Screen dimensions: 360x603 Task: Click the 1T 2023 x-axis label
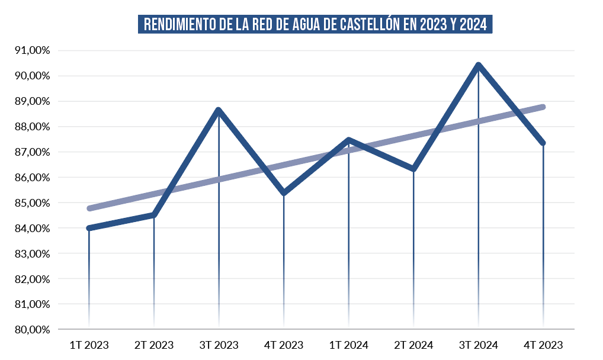click(x=89, y=345)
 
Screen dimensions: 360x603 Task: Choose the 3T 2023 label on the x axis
click(x=219, y=345)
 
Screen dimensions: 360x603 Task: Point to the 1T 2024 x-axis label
click(x=348, y=345)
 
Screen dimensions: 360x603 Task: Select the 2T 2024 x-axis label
click(x=413, y=345)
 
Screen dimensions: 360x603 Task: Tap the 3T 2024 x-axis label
click(x=478, y=345)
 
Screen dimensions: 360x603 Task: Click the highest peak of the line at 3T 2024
click(x=478, y=65)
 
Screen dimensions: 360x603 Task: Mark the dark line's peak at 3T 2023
click(x=219, y=110)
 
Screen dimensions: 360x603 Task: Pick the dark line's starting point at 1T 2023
click(x=89, y=228)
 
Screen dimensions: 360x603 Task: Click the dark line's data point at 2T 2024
click(x=413, y=169)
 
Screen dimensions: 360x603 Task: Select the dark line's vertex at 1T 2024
click(x=348, y=140)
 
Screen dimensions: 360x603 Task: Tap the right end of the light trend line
click(x=543, y=107)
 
